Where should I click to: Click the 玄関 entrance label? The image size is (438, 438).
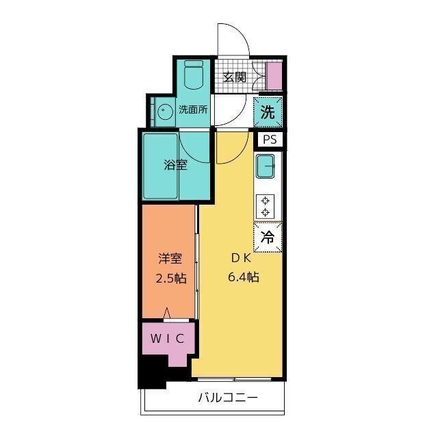click(235, 77)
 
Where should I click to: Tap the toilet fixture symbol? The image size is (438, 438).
click(194, 75)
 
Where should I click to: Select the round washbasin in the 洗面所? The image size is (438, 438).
click(164, 112)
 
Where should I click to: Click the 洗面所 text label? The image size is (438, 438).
click(193, 109)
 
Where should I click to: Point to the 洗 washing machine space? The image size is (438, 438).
click(268, 112)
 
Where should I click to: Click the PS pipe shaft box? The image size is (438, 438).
click(270, 139)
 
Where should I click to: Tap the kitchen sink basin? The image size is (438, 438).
click(265, 166)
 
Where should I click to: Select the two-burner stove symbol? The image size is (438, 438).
click(265, 207)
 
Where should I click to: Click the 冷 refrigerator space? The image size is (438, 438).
click(268, 237)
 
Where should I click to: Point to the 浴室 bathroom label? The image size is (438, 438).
click(175, 165)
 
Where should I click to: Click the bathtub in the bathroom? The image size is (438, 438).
click(160, 166)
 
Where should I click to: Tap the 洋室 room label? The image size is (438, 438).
click(170, 259)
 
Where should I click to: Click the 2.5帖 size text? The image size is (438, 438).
click(171, 279)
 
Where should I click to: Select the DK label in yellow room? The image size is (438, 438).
click(242, 259)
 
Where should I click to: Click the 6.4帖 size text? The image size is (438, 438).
click(244, 277)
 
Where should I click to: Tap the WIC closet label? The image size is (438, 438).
click(167, 339)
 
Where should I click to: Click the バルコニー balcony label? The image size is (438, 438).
click(228, 397)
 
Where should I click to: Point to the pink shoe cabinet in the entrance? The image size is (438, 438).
click(274, 76)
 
